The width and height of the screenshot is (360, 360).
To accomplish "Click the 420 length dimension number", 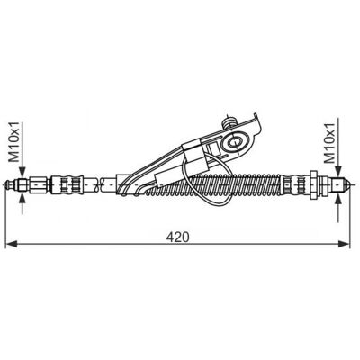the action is [178, 237].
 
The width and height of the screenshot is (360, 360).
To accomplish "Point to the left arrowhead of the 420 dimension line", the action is [12, 244].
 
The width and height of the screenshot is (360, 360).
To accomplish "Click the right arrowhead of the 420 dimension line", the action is [344, 244].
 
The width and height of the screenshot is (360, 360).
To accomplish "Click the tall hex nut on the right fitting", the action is [313, 184].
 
